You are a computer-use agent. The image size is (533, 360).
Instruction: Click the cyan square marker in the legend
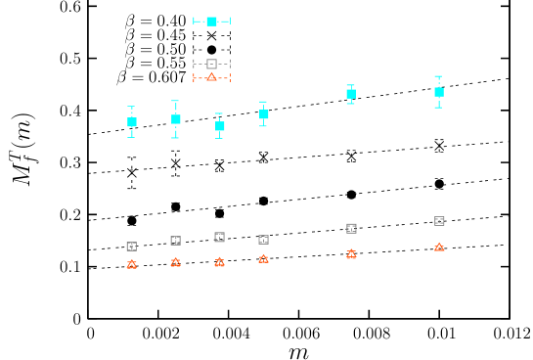211,21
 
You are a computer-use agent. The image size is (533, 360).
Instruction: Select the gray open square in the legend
211,64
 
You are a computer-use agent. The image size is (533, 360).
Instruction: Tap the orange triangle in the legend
211,77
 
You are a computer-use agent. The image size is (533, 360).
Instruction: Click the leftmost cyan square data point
132,122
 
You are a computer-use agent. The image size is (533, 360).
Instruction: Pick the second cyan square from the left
176,119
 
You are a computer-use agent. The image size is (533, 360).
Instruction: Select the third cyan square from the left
220,126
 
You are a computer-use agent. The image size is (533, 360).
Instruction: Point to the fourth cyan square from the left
264,114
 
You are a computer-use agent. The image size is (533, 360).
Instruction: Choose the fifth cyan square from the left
351,94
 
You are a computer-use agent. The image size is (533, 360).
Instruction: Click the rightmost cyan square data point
439,92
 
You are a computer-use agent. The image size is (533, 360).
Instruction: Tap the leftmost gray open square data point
132,247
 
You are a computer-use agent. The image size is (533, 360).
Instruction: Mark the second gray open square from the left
176,241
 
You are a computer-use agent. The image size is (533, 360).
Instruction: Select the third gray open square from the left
220,237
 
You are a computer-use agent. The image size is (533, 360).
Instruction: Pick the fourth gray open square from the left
264,240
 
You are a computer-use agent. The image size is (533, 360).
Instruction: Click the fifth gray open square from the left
352,228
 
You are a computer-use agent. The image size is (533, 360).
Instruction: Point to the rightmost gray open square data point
440,221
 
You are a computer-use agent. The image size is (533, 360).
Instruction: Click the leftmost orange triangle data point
132,264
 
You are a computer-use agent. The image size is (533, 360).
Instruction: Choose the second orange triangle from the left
176,262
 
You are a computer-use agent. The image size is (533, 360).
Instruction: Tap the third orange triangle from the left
220,262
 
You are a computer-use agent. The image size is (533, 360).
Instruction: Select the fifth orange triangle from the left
351,254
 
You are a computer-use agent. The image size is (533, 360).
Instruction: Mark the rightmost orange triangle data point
440,247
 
